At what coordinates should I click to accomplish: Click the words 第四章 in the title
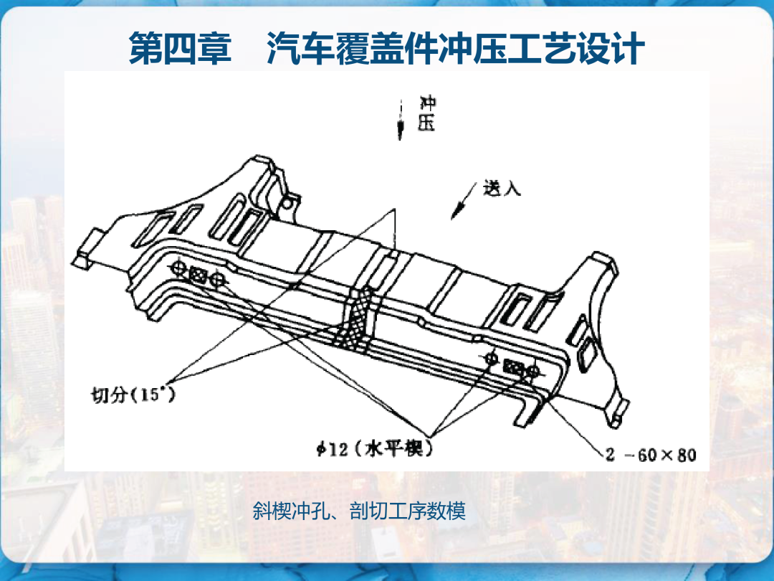(x=180, y=49)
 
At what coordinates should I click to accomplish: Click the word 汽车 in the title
(x=300, y=49)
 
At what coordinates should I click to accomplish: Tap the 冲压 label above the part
(x=427, y=113)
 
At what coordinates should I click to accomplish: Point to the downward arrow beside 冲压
(x=401, y=121)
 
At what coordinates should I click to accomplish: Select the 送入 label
(x=502, y=188)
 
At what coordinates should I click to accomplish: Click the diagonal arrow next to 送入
(x=464, y=201)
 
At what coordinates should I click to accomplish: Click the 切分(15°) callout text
(x=133, y=395)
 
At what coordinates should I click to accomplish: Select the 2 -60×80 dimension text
(x=651, y=455)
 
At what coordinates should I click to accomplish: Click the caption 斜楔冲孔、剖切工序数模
(x=359, y=511)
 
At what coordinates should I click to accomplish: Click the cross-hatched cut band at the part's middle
(x=356, y=321)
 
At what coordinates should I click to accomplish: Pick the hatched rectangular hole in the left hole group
(x=198, y=274)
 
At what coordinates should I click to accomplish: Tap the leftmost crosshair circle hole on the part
(x=178, y=268)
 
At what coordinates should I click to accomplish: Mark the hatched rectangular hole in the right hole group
(x=513, y=367)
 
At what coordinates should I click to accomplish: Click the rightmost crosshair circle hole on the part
(x=532, y=371)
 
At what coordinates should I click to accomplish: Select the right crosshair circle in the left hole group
(x=217, y=280)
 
